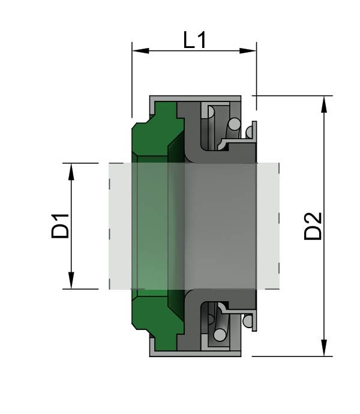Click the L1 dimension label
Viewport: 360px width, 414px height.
(194, 40)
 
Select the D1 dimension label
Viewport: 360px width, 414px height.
(61, 226)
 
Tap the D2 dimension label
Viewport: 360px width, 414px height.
(313, 226)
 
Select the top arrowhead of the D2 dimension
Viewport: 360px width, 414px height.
(325, 104)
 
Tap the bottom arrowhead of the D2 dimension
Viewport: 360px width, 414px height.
(325, 347)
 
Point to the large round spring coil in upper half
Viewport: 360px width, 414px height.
(235, 125)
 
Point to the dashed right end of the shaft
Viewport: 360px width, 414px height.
(278, 226)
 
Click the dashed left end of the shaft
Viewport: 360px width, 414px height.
(109, 226)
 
